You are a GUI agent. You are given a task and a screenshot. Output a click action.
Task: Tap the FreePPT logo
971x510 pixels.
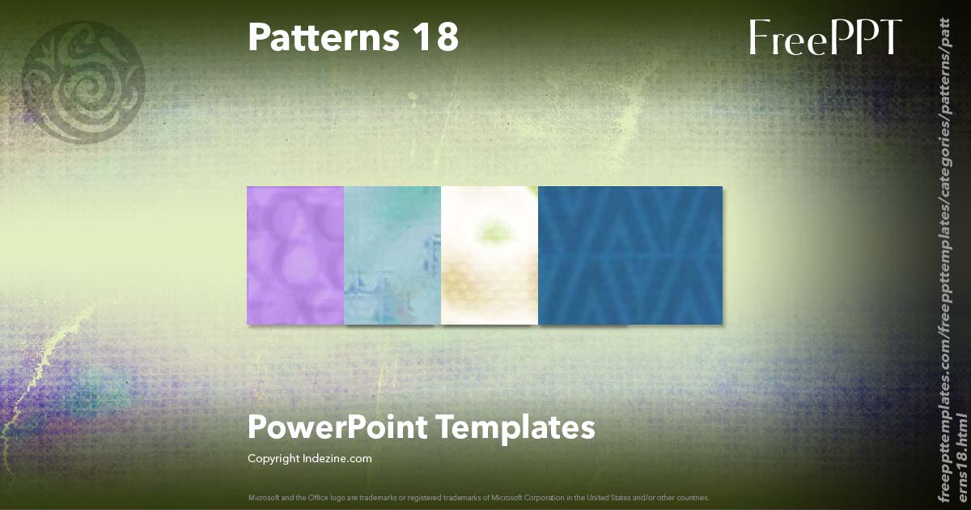point(825,38)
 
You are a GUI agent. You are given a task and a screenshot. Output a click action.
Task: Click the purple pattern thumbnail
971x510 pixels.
point(295,255)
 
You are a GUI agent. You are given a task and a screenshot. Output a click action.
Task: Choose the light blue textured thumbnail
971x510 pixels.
point(392,255)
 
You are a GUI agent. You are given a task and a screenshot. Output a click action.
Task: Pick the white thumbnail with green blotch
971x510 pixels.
point(490,255)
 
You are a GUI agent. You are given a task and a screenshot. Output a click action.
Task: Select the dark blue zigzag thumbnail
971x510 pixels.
point(630,255)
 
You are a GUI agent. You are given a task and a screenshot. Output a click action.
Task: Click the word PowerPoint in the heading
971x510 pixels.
point(337,427)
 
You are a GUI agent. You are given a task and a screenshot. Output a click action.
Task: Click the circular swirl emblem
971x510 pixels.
point(83,82)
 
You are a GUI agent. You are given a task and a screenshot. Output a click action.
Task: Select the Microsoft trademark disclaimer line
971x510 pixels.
point(479,497)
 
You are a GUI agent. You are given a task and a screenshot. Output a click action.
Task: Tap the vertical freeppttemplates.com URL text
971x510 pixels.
point(944,251)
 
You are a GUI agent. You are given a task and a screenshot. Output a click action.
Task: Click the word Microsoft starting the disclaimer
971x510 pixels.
point(267,497)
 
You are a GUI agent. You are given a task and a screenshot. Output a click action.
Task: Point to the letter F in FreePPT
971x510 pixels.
point(759,38)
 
